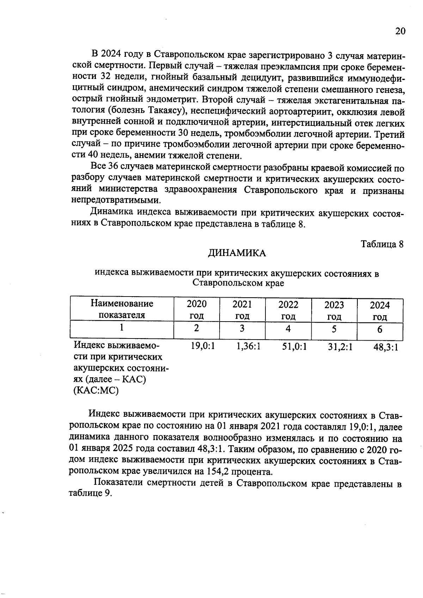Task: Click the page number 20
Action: [x=400, y=31]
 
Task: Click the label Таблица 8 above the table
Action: [x=382, y=244]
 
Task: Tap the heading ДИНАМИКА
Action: [x=237, y=253]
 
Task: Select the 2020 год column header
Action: [x=197, y=310]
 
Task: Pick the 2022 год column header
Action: [x=288, y=310]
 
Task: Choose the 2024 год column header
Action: [x=380, y=310]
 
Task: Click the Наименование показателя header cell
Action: [x=122, y=309]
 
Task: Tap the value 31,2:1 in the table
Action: [x=340, y=347]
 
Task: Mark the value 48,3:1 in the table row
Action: [x=386, y=347]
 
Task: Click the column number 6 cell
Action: [x=380, y=329]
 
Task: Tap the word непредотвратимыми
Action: [x=116, y=201]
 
